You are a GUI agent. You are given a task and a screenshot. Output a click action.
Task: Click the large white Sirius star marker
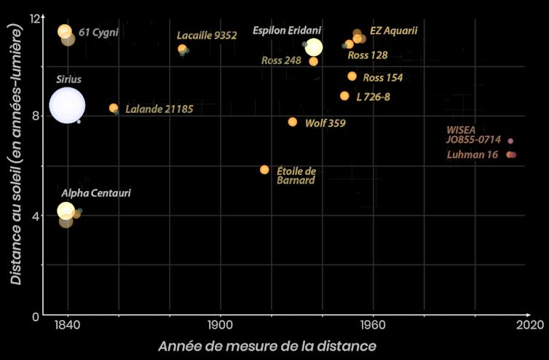(67, 106)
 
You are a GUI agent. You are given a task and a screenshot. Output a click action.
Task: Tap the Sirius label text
(69, 79)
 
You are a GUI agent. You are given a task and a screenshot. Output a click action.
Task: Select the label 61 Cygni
(98, 32)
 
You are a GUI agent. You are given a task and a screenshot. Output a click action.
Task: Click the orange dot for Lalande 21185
(114, 108)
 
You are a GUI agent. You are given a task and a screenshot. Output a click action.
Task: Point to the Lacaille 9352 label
(207, 35)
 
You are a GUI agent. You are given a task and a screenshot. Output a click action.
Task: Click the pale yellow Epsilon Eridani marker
(314, 47)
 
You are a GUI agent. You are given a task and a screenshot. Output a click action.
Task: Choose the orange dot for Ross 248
(313, 61)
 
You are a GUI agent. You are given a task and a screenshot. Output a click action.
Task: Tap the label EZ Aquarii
(394, 31)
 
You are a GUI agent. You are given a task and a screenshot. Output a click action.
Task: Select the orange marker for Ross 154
(352, 77)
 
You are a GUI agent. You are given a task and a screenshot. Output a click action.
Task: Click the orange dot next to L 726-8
(344, 96)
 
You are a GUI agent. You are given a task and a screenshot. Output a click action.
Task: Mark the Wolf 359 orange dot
(293, 122)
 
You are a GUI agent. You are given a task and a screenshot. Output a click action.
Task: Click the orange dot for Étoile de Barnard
(264, 170)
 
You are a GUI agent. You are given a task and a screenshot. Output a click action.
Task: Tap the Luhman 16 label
(472, 155)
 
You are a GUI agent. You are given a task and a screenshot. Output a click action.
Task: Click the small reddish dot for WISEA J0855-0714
(510, 141)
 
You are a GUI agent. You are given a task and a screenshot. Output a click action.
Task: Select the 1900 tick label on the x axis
(219, 325)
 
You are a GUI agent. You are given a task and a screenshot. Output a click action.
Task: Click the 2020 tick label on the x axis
(526, 325)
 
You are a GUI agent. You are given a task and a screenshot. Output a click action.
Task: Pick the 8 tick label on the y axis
(35, 115)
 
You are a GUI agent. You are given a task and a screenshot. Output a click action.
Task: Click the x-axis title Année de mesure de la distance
(267, 345)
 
